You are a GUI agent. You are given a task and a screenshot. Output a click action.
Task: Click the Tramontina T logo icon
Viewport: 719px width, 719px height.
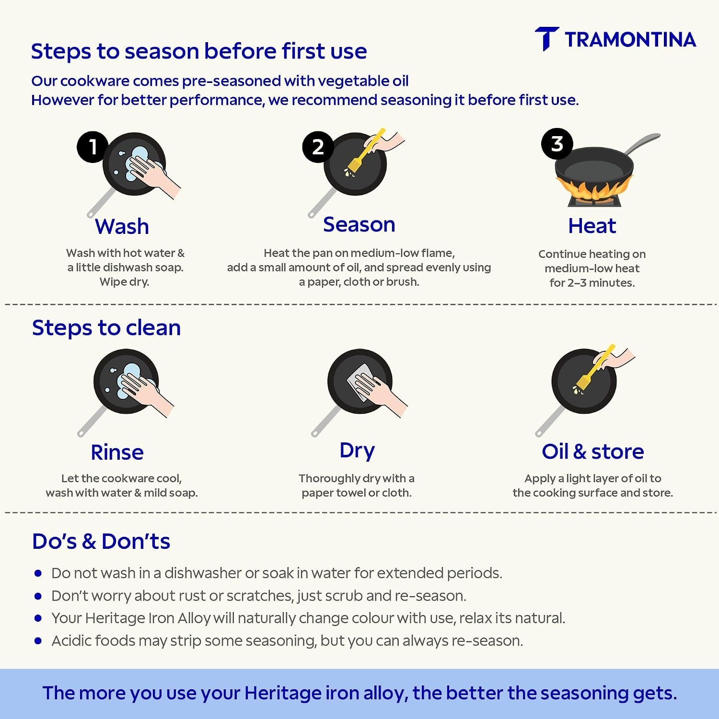click(546, 38)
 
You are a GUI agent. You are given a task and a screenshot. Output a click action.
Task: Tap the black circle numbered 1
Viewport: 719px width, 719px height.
click(93, 147)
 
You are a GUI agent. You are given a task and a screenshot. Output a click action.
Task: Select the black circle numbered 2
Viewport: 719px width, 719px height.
click(318, 147)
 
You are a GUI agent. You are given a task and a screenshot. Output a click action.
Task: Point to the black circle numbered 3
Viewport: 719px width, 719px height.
click(557, 144)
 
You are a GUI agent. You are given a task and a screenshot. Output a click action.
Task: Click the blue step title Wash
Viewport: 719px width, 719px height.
click(122, 226)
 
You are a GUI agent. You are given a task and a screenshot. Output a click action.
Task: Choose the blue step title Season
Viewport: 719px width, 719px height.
click(359, 224)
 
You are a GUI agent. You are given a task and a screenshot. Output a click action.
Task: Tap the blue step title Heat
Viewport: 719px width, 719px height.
click(592, 226)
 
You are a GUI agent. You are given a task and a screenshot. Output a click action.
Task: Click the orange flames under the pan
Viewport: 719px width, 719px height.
click(593, 190)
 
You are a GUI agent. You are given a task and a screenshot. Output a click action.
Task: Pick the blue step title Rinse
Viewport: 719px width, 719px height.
click(117, 452)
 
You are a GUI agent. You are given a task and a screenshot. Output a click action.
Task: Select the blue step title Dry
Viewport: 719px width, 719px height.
click(357, 451)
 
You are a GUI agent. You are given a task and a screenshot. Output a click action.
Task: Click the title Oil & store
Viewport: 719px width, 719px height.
click(593, 452)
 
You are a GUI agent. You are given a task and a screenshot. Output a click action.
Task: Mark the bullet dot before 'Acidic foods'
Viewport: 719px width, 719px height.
click(38, 640)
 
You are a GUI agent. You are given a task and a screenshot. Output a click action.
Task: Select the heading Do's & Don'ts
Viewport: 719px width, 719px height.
click(101, 541)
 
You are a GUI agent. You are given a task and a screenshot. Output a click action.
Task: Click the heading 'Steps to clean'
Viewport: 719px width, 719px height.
click(106, 328)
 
